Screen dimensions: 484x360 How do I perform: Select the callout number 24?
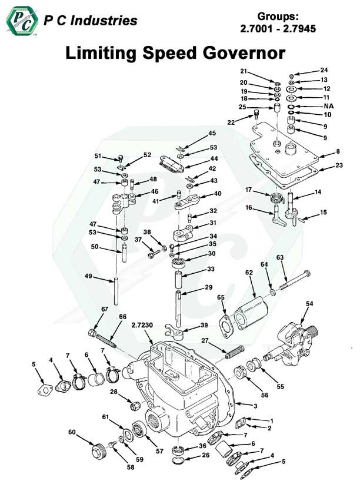point(324,70)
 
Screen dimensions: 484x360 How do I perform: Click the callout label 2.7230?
point(143,324)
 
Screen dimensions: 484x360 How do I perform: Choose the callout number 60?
point(71,433)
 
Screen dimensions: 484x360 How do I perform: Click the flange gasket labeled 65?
point(226,323)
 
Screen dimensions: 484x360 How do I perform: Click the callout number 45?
point(211,133)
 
